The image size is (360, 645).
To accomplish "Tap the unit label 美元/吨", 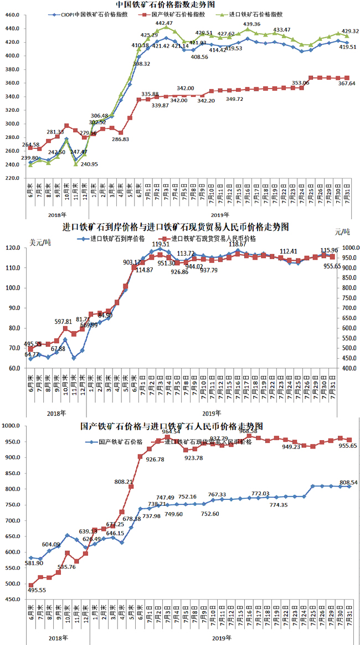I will coord(40,242).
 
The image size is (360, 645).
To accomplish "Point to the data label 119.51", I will coord(161,244).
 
